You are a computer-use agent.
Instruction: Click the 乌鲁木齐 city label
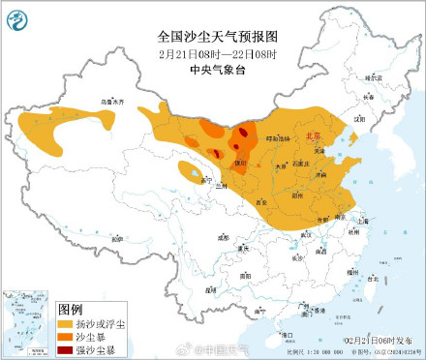[113, 101]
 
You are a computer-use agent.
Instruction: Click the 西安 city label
[260, 201]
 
